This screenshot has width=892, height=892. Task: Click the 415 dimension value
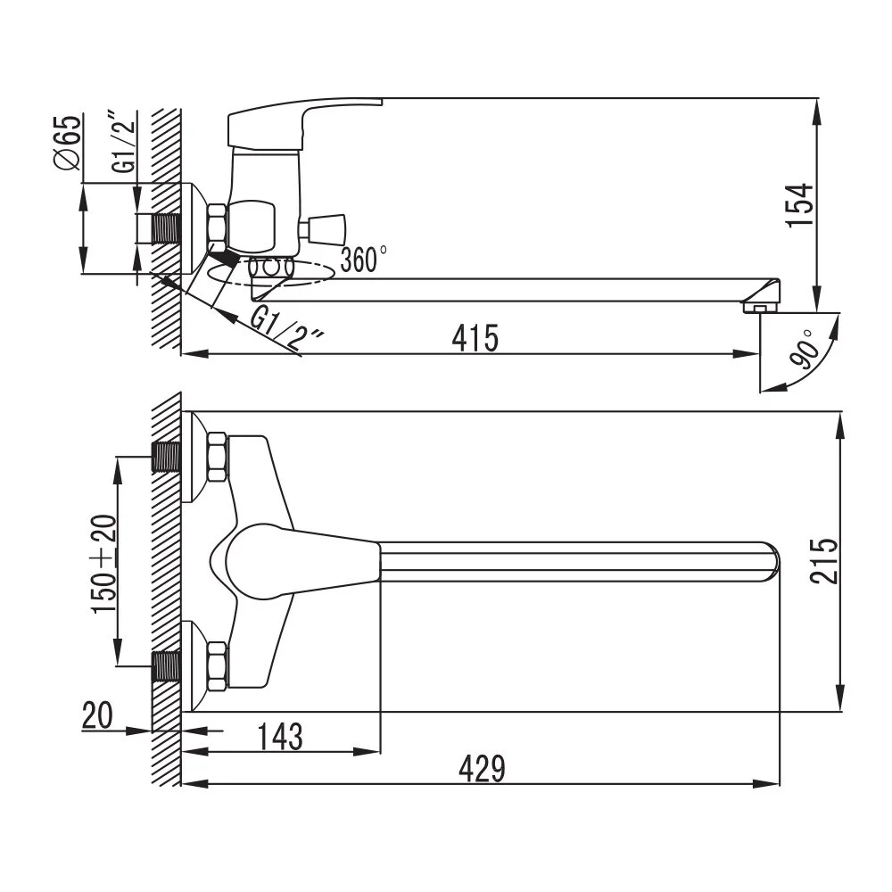tap(475, 338)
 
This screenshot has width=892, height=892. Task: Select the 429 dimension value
tap(482, 769)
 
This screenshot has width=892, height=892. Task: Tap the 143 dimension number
tap(280, 737)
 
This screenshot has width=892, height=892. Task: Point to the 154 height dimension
tap(800, 205)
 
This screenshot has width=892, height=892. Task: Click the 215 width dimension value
tap(825, 560)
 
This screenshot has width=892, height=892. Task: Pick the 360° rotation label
tap(364, 259)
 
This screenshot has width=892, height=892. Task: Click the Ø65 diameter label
tap(67, 142)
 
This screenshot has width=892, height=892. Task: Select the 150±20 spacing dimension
tap(104, 564)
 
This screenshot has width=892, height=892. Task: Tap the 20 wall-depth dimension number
tap(97, 715)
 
